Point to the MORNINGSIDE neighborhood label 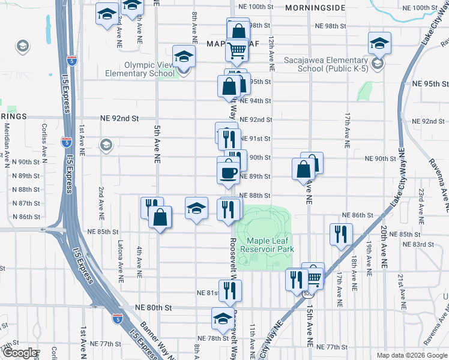[315, 8]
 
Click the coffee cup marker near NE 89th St [228, 171]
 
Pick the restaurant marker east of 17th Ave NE [341, 233]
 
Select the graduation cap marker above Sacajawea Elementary [379, 43]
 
